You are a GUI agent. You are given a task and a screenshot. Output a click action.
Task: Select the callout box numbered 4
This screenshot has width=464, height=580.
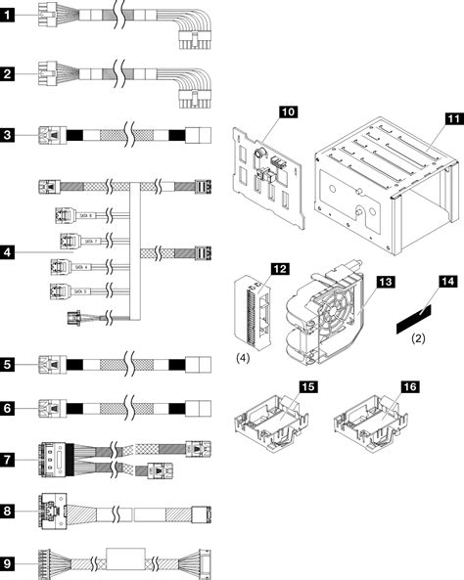coord(9,253)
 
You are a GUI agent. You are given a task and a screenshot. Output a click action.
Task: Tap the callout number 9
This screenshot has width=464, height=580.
coord(9,564)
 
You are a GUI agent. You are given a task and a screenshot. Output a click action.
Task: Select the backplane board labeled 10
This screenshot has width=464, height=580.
coord(272,179)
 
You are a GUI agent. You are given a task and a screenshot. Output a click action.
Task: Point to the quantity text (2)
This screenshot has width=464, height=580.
coord(417,339)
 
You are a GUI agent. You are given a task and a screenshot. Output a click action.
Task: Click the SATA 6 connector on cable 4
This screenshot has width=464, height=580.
coord(63,217)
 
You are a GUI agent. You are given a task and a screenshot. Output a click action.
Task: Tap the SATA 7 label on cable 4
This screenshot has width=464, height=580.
coord(91,240)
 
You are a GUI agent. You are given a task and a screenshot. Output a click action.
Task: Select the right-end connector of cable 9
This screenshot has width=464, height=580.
coord(206,564)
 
